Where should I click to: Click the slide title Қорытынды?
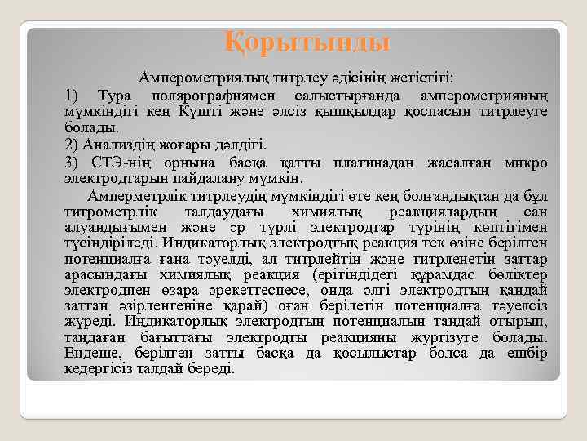click(x=307, y=40)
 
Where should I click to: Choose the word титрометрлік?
click(x=104, y=212)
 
